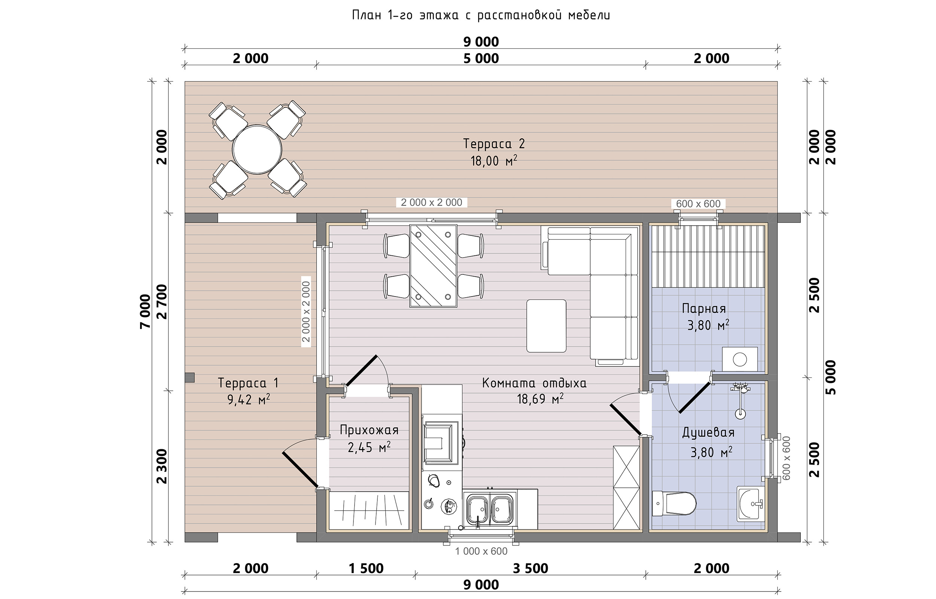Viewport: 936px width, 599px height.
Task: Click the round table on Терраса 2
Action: [x=257, y=149]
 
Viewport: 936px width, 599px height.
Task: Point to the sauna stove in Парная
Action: [x=739, y=359]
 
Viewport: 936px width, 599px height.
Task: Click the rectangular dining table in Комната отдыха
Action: [x=433, y=266]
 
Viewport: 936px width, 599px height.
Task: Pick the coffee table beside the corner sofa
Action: [x=546, y=326]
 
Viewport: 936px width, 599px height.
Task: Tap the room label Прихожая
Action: [x=369, y=430]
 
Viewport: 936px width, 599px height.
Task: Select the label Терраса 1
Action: [x=248, y=383]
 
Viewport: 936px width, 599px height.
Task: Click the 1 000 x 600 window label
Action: [x=481, y=551]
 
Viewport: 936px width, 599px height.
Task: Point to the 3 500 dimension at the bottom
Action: [x=531, y=569]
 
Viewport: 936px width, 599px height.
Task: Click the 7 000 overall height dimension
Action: [x=145, y=311]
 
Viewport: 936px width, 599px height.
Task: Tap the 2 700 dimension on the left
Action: [x=162, y=302]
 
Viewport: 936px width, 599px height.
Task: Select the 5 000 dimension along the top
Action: [x=481, y=59]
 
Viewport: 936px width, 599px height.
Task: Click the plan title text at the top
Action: [x=481, y=15]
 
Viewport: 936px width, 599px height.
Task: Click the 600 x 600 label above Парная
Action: [x=698, y=203]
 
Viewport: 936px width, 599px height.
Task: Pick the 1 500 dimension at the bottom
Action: [x=366, y=569]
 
